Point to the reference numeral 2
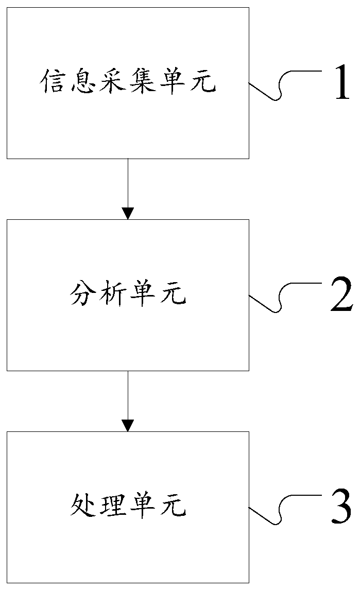pos(341,295)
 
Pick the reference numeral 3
pos(341,508)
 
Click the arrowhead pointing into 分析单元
pos(128,213)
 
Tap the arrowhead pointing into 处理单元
pos(128,425)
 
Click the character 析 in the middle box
pos(113,295)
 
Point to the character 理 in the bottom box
pos(113,507)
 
